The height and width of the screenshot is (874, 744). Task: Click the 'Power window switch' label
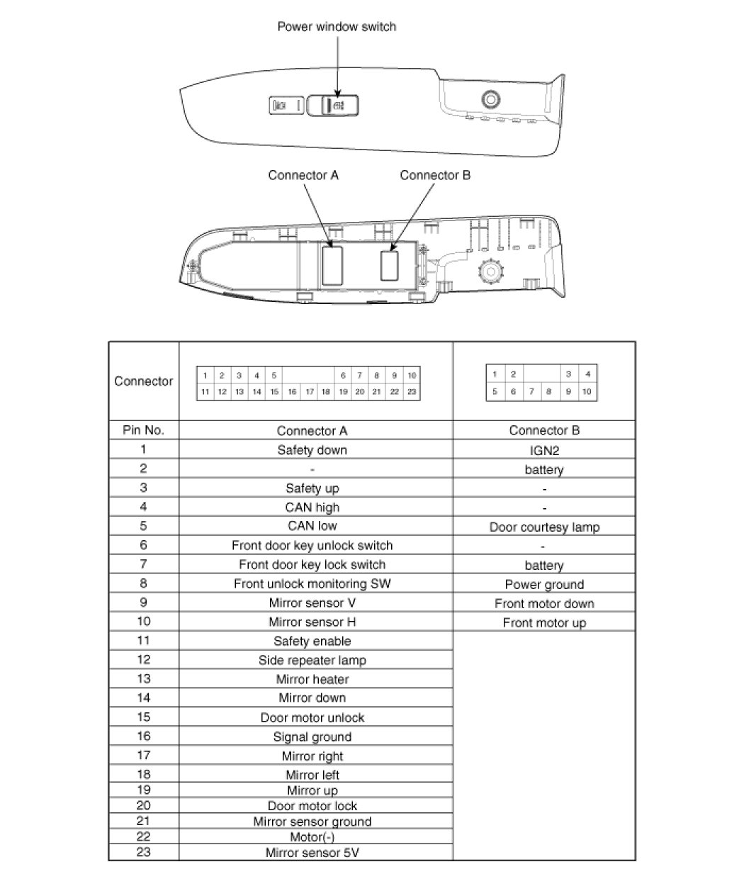[x=336, y=27]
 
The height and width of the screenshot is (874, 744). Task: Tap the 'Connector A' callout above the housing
[x=303, y=175]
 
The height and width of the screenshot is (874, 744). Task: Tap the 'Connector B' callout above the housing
[x=435, y=175]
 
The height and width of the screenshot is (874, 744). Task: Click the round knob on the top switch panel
[x=490, y=99]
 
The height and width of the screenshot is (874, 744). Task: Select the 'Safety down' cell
[x=312, y=450]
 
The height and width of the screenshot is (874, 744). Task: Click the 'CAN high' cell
[x=312, y=508]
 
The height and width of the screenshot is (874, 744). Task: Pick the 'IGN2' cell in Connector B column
[x=543, y=450]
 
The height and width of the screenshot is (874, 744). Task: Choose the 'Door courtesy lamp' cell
[x=543, y=527]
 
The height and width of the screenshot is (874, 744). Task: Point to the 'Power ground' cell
[x=543, y=585]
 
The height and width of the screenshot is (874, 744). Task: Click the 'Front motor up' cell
[x=543, y=623]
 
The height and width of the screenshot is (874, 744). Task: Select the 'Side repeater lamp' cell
[x=312, y=661]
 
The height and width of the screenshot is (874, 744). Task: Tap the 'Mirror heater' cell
[x=312, y=680]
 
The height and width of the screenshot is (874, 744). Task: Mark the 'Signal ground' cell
[x=312, y=737]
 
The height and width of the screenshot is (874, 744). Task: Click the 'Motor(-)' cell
[x=312, y=837]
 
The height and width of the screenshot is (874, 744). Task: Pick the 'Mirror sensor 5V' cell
[x=312, y=853]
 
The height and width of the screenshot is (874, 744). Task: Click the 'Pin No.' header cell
[x=143, y=430]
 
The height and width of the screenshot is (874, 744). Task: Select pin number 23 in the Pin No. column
[x=143, y=852]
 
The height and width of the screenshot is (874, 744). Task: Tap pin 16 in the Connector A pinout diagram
[x=292, y=391]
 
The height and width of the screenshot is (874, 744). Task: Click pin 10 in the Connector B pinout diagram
[x=587, y=391]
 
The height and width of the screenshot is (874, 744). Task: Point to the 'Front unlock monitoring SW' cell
[x=312, y=584]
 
